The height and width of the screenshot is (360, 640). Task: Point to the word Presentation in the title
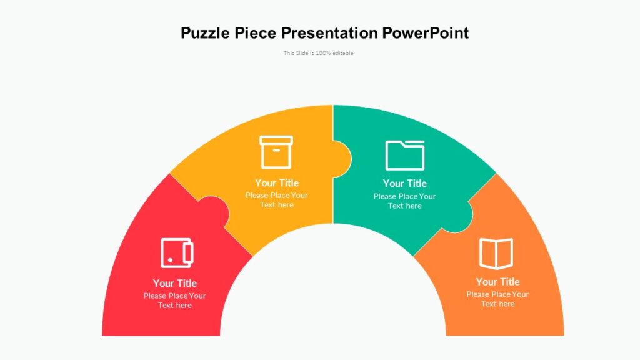click(x=329, y=32)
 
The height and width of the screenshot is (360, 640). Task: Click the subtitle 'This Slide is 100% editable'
click(x=319, y=53)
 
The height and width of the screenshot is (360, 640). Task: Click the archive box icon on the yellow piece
click(x=276, y=152)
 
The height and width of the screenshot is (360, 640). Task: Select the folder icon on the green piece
click(x=405, y=155)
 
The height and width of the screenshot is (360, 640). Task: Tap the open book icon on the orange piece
click(x=496, y=254)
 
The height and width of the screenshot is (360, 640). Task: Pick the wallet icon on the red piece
click(x=177, y=253)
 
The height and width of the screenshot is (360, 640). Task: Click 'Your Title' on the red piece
click(x=175, y=283)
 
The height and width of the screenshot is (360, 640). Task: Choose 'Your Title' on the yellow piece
click(x=277, y=183)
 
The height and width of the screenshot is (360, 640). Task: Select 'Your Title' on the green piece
click(x=405, y=183)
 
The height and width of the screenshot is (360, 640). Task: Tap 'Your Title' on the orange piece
click(x=497, y=282)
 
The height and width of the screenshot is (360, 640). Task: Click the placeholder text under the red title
click(x=175, y=301)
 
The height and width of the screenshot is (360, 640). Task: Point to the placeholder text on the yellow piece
click(x=277, y=200)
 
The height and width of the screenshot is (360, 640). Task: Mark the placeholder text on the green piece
click(x=405, y=201)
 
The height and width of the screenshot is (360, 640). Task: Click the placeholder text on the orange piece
click(x=497, y=299)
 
